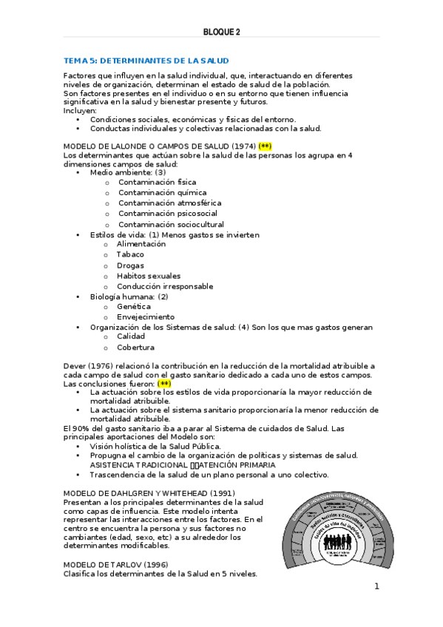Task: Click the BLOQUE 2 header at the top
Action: pyautogui.click(x=222, y=32)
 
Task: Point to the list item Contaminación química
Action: pyautogui.click(x=152, y=192)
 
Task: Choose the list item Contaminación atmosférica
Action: pyautogui.click(x=159, y=203)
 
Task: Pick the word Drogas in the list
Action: pyautogui.click(x=130, y=265)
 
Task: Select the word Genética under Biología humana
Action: pyautogui.click(x=134, y=306)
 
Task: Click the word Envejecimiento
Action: pyautogui.click(x=146, y=316)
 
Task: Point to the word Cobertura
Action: pyautogui.click(x=135, y=347)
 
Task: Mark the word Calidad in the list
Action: pyautogui.click(x=131, y=336)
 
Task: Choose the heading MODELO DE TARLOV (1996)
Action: pyautogui.click(x=116, y=564)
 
